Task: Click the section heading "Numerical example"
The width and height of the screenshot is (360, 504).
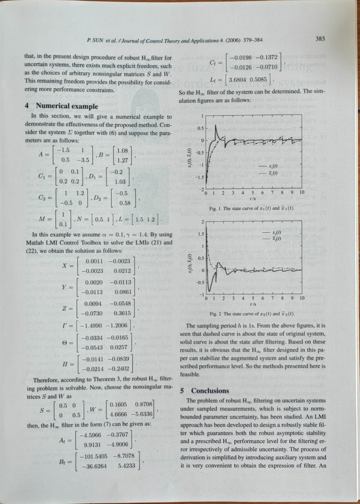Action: click(67, 106)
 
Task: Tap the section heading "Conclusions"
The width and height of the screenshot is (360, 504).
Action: click(210, 391)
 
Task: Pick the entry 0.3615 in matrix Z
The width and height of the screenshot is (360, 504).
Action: click(122, 313)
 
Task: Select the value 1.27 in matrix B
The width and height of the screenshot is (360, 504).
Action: click(122, 160)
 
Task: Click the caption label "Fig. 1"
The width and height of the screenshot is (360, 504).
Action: click(214, 209)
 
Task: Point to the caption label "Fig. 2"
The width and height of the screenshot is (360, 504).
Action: click(214, 314)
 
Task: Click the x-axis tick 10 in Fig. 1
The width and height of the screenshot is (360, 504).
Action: click(302, 192)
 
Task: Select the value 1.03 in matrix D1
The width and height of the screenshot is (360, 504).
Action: click(120, 182)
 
